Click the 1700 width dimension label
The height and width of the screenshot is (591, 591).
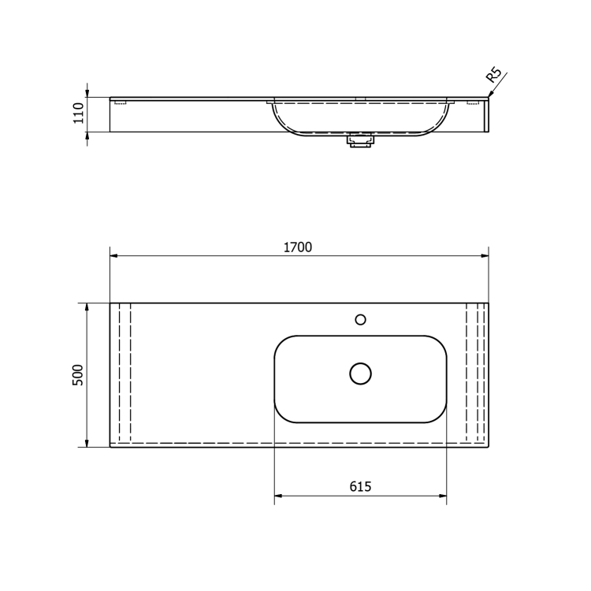(x=298, y=247)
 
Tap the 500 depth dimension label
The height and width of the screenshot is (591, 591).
(x=78, y=375)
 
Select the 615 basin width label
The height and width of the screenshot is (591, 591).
(x=360, y=487)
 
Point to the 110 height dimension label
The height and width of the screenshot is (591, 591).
(x=78, y=113)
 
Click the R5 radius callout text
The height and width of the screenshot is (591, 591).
(x=494, y=75)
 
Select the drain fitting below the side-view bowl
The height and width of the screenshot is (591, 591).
(x=361, y=141)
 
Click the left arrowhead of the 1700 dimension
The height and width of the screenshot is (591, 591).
(x=113, y=255)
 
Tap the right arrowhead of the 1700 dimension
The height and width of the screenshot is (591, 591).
(x=485, y=255)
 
